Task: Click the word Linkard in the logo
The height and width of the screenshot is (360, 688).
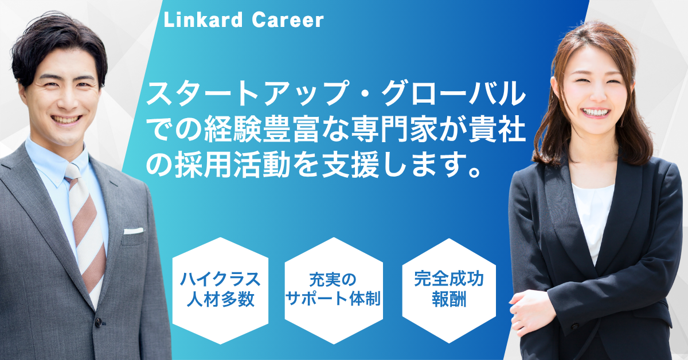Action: [204, 20]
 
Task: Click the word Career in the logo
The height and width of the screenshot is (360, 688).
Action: [288, 20]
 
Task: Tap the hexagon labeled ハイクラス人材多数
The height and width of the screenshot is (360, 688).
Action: [220, 291]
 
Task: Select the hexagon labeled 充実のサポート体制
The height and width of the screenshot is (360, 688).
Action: [334, 291]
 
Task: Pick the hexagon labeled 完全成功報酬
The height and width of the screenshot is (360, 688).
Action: [449, 291]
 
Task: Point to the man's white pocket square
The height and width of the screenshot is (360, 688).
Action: [134, 231]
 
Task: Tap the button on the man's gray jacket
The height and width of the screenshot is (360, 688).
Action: [99, 323]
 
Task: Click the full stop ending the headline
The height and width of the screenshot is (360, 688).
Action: [474, 172]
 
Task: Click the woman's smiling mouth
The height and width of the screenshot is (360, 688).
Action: [595, 112]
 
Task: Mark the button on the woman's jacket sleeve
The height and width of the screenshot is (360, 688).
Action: [574, 326]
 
